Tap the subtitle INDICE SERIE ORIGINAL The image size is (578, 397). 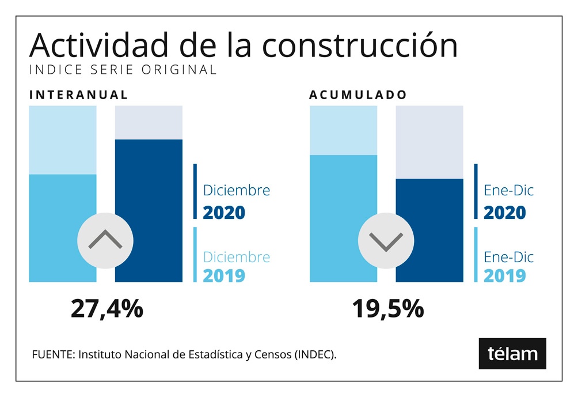click(123, 70)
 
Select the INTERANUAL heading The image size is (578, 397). click(79, 94)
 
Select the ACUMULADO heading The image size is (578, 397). click(358, 94)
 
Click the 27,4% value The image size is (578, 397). click(107, 309)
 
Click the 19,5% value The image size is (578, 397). click(387, 309)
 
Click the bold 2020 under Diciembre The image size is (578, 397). click(224, 213)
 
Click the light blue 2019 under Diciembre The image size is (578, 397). click(224, 275)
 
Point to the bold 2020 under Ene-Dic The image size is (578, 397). click(505, 213)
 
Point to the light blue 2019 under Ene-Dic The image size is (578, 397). click(505, 275)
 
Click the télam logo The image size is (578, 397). click(512, 353)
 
